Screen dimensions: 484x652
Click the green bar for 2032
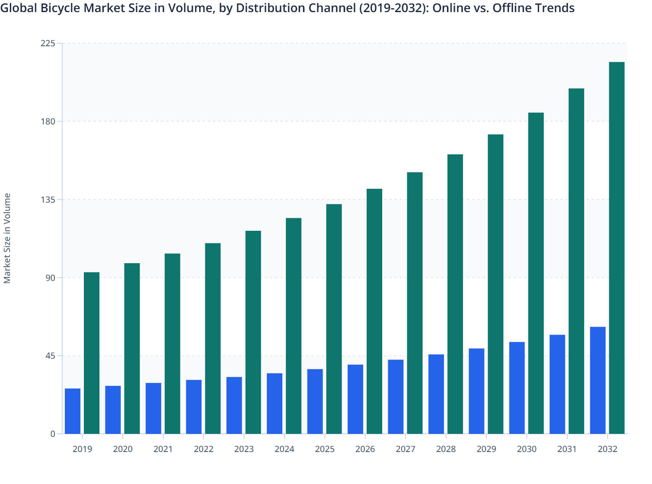coord(617,248)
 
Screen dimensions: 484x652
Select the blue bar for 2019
coord(73,411)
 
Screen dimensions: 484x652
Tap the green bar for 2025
coord(334,319)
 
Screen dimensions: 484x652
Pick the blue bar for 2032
coord(598,380)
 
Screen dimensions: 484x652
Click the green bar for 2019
coord(92,353)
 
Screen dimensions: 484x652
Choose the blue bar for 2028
coord(436,394)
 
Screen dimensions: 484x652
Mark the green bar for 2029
coord(495,284)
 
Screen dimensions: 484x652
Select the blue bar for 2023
coord(234,405)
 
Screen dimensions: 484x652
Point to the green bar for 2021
coord(173,344)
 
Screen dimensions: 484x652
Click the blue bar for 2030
coord(517,388)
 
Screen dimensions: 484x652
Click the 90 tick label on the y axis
coord(51,277)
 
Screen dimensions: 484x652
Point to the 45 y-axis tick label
coord(51,356)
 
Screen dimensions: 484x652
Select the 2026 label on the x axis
coord(365,449)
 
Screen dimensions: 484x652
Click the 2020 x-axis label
coord(123,449)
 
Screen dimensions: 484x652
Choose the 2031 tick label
coord(567,449)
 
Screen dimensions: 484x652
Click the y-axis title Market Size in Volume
coord(7,238)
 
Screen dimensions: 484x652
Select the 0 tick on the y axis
coord(53,434)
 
